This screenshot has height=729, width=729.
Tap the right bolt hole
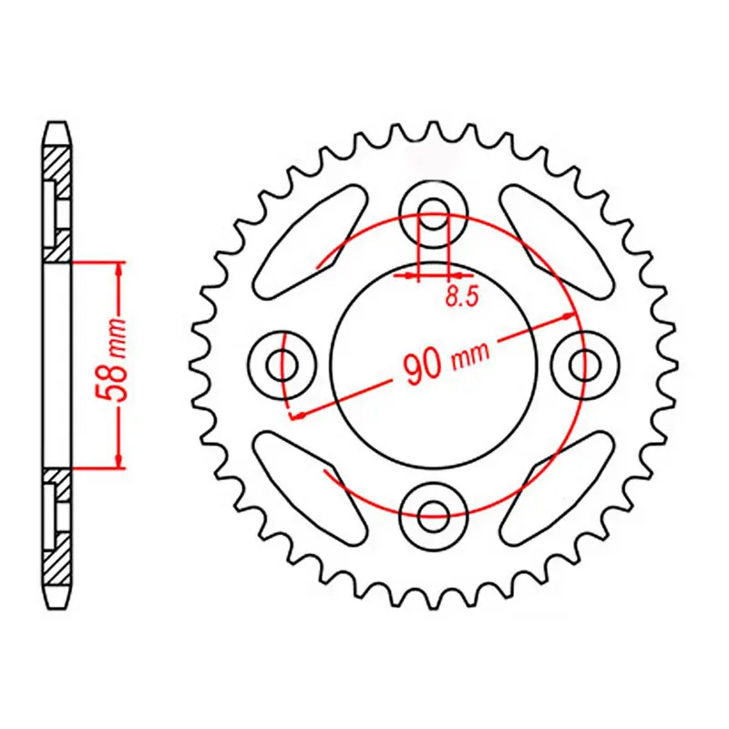(582, 364)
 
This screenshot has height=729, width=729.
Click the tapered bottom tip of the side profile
(56, 600)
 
